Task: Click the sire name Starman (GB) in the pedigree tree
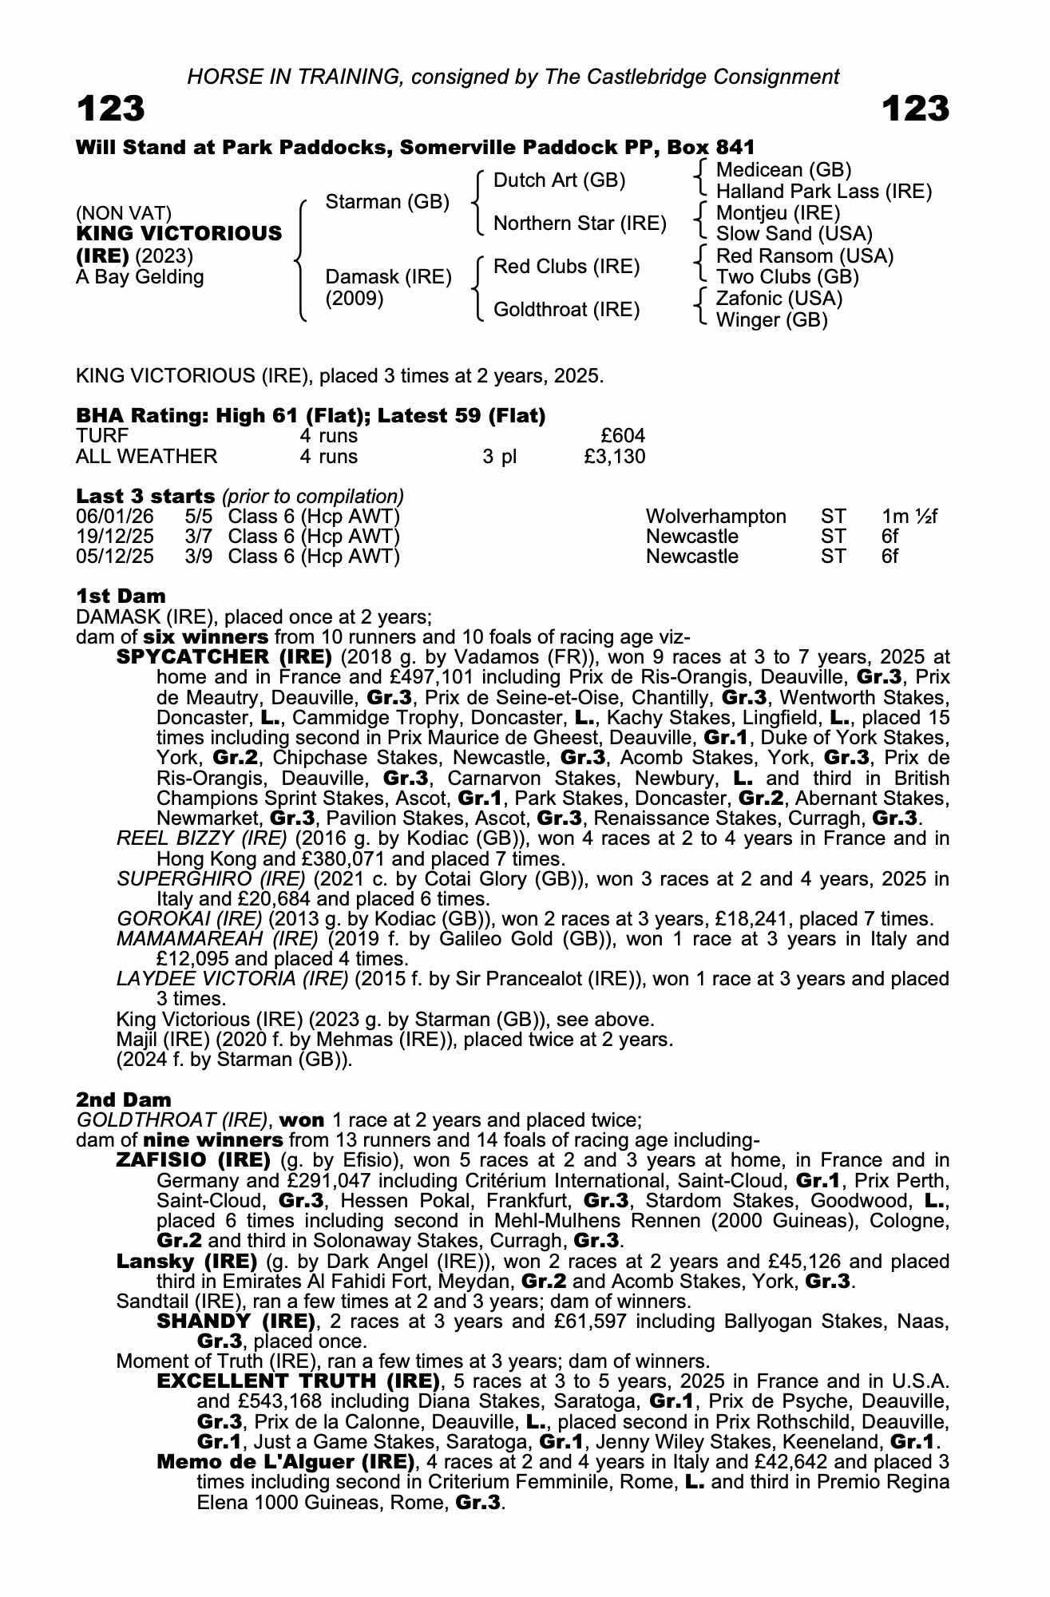[387, 202]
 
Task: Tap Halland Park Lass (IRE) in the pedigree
[824, 192]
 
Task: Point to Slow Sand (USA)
[794, 234]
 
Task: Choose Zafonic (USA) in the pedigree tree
[779, 299]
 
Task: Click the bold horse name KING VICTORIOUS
[179, 234]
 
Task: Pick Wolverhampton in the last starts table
[715, 517]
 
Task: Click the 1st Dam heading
[121, 596]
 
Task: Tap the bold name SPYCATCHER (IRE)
[224, 657]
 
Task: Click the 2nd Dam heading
[123, 1100]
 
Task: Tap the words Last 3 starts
[145, 496]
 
